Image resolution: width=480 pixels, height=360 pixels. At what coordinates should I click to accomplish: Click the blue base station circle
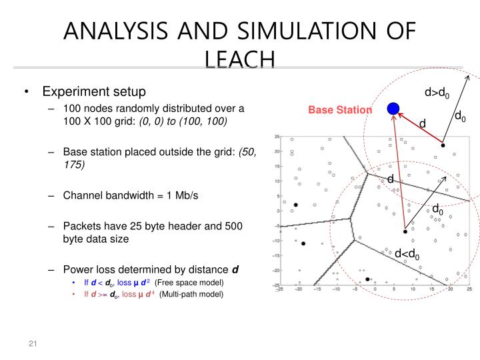(x=393, y=109)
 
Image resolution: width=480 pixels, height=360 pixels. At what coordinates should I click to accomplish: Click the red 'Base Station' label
(x=340, y=109)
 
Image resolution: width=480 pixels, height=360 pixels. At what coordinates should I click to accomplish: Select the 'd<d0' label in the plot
(x=407, y=253)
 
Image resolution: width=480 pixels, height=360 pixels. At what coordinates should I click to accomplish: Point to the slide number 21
(x=32, y=343)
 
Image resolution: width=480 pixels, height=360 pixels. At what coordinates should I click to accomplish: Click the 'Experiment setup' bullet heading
(x=94, y=91)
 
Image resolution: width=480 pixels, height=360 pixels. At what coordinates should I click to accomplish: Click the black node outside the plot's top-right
(x=442, y=144)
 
